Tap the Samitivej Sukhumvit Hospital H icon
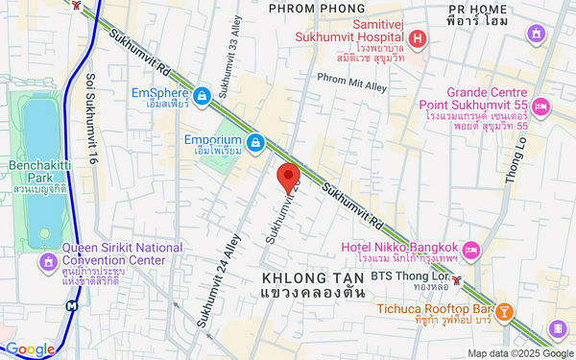[417, 39]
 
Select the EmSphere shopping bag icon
[203, 96]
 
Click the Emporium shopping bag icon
[254, 144]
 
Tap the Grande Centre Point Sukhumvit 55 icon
[540, 106]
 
